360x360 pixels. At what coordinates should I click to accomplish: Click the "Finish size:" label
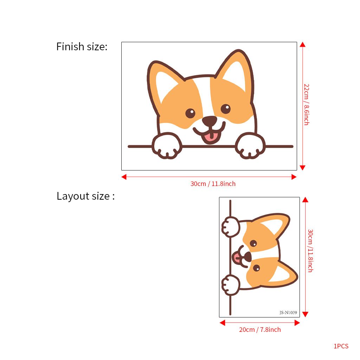(x=82, y=46)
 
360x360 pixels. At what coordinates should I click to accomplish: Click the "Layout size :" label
(x=85, y=196)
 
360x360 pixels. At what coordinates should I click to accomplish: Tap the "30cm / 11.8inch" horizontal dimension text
(x=213, y=184)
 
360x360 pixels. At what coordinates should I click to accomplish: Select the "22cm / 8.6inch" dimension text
(x=306, y=104)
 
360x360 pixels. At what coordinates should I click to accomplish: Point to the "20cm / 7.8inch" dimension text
(x=260, y=330)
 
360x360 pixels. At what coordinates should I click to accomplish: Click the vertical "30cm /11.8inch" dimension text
(x=310, y=251)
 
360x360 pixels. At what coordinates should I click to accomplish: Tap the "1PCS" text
(x=341, y=346)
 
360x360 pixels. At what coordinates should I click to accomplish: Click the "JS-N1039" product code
(x=288, y=312)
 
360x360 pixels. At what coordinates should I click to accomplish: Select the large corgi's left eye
(x=190, y=113)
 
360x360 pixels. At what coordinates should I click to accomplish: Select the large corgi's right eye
(x=226, y=108)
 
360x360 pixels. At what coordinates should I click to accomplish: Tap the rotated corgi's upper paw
(x=230, y=227)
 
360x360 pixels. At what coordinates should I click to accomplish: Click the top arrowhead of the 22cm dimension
(x=302, y=44)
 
